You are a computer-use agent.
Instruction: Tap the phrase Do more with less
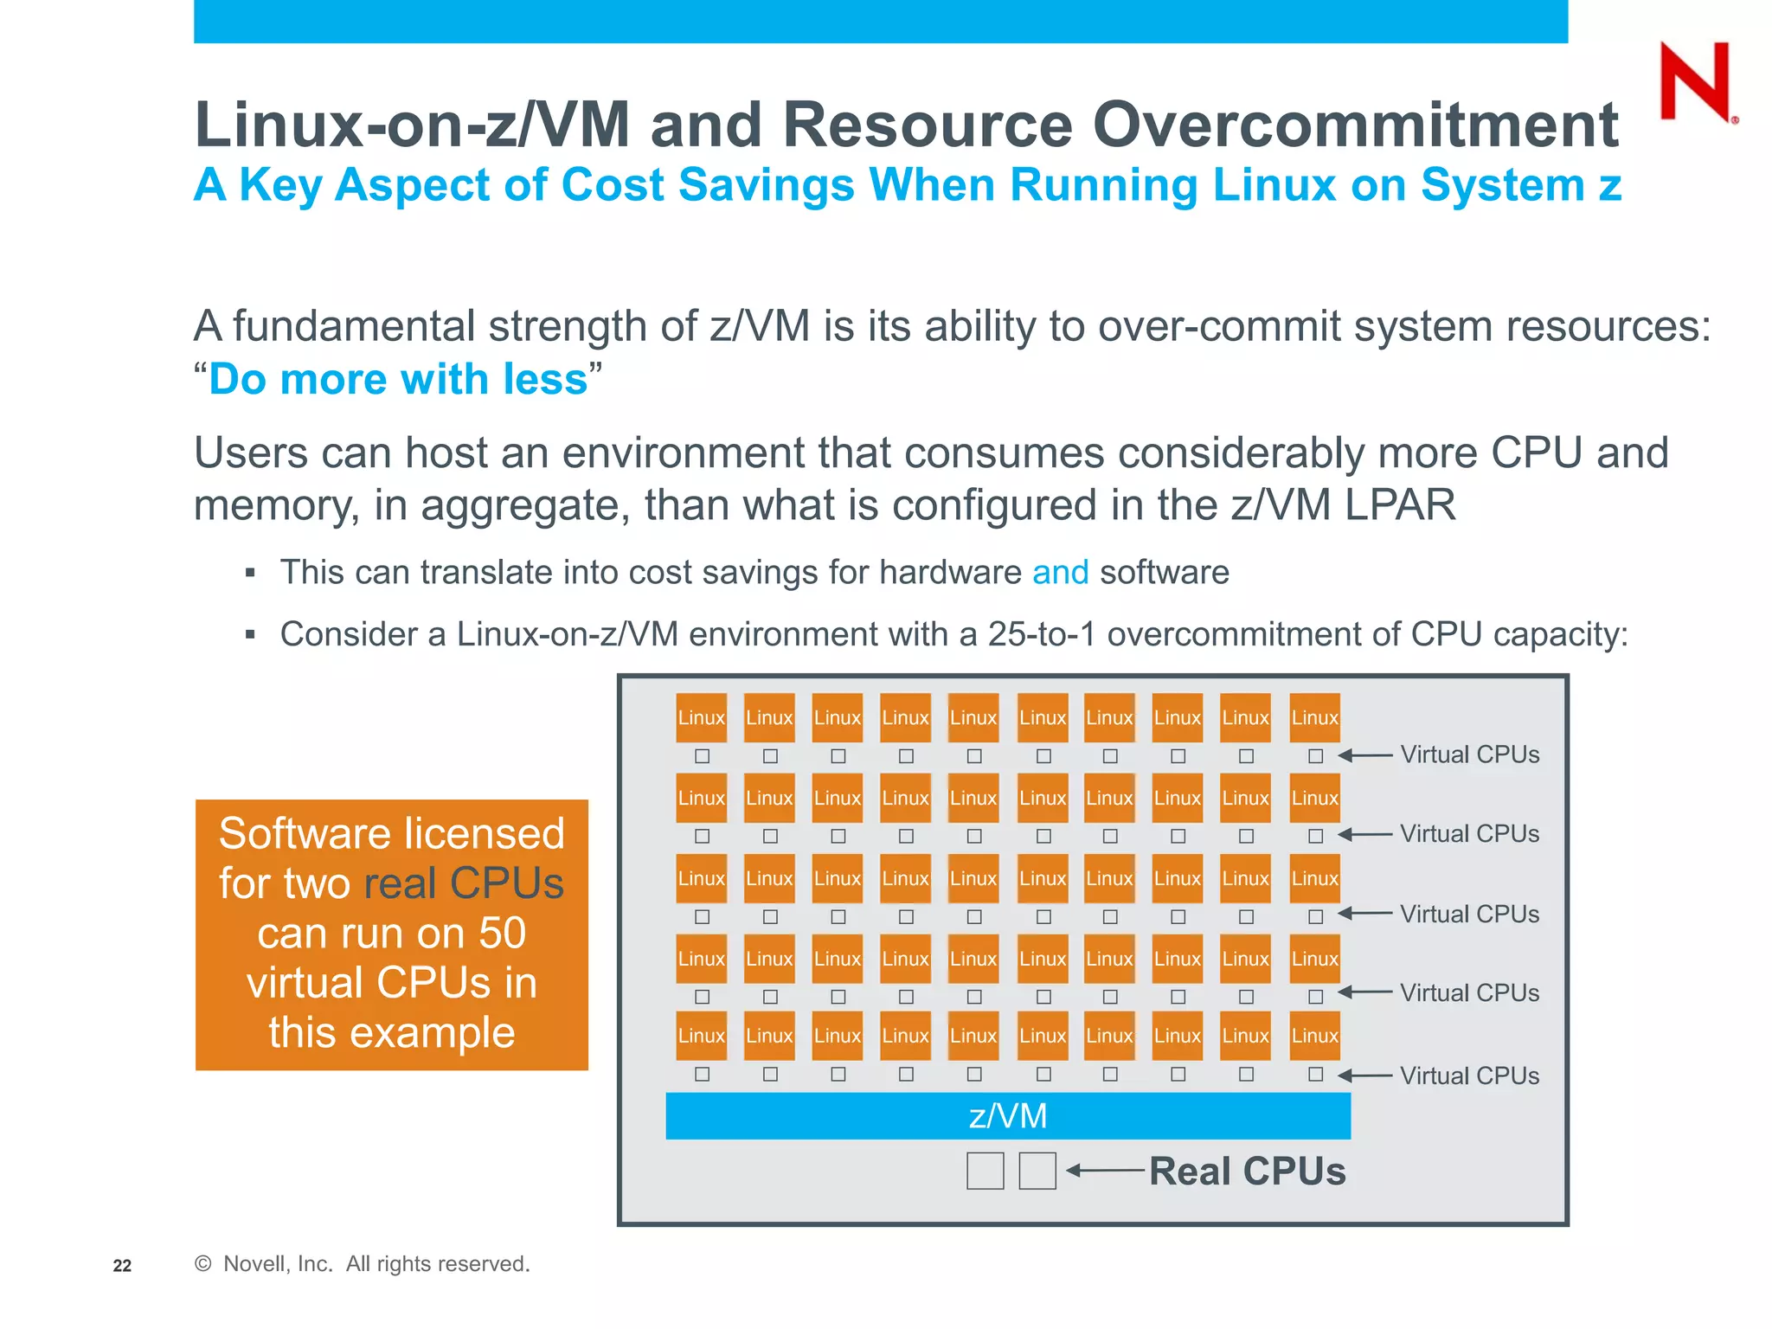[x=398, y=379]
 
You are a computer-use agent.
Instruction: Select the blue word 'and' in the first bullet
[x=1060, y=573]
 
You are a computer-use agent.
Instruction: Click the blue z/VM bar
[x=1007, y=1115]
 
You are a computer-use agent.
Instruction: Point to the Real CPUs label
[x=1247, y=1171]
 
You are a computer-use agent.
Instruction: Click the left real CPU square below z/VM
[x=985, y=1171]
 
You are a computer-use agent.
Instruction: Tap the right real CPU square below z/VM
[x=1037, y=1171]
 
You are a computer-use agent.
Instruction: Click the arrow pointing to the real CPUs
[x=1105, y=1171]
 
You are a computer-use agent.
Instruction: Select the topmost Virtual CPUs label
[x=1469, y=754]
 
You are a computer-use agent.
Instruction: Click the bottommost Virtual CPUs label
[x=1469, y=1075]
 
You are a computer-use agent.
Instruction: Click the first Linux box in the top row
[x=701, y=717]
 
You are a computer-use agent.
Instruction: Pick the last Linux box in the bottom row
[x=1314, y=1036]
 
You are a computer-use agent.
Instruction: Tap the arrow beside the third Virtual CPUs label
[x=1364, y=914]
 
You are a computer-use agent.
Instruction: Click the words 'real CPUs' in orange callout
[x=464, y=883]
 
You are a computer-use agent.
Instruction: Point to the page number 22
[x=122, y=1266]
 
